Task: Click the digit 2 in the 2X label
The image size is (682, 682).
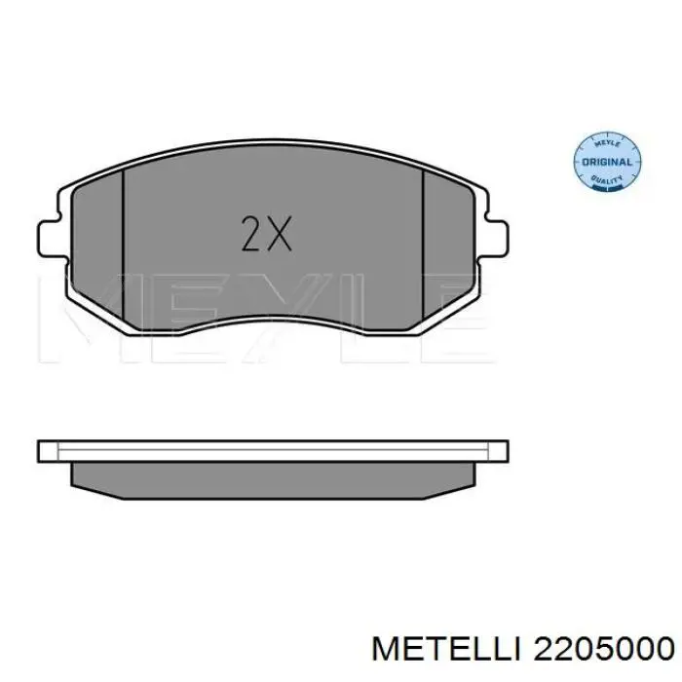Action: pos(251,234)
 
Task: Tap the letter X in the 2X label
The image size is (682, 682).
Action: pos(279,234)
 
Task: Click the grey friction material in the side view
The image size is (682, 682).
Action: pos(273,475)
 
